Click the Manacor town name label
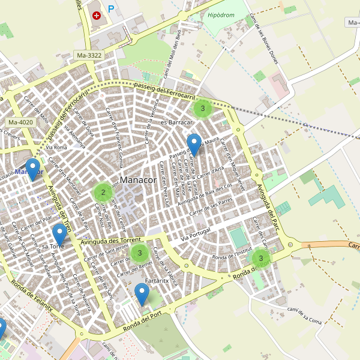coord(138,180)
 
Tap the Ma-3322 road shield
coord(89,55)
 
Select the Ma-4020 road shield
coord(21,122)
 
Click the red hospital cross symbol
coord(97,14)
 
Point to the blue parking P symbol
coord(111,9)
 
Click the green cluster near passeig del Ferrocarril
coord(203,109)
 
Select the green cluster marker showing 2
coord(103,193)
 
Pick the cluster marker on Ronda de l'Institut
coord(261,259)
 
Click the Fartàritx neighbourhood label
coord(157,281)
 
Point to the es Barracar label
coord(176,122)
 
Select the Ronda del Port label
coord(143,319)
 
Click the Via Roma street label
coord(56,147)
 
